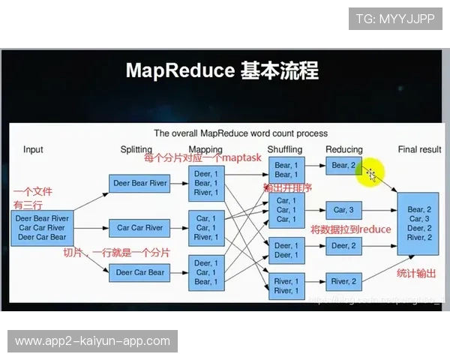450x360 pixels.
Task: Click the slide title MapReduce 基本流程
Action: pyautogui.click(x=222, y=71)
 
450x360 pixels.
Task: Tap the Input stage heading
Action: pyautogui.click(x=33, y=149)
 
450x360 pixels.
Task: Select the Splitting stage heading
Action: pyautogui.click(x=136, y=149)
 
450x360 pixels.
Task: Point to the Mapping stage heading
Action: pyautogui.click(x=205, y=149)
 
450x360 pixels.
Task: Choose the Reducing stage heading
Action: pyautogui.click(x=344, y=149)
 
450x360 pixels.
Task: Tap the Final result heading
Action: pyautogui.click(x=419, y=149)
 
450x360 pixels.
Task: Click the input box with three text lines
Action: pyautogui.click(x=42, y=227)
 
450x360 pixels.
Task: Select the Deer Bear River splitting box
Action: pyautogui.click(x=140, y=183)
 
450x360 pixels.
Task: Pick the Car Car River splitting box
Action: pyautogui.click(x=140, y=227)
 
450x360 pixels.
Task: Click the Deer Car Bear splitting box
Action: pyautogui.click(x=140, y=272)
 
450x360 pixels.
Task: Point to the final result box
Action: pyautogui.click(x=418, y=223)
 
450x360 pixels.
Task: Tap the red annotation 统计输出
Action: pyautogui.click(x=416, y=273)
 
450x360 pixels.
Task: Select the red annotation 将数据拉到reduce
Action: pyautogui.click(x=350, y=229)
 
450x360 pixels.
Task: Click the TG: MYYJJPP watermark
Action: pyautogui.click(x=394, y=19)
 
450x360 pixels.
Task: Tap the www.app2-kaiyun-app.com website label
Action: pyautogui.click(x=92, y=341)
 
